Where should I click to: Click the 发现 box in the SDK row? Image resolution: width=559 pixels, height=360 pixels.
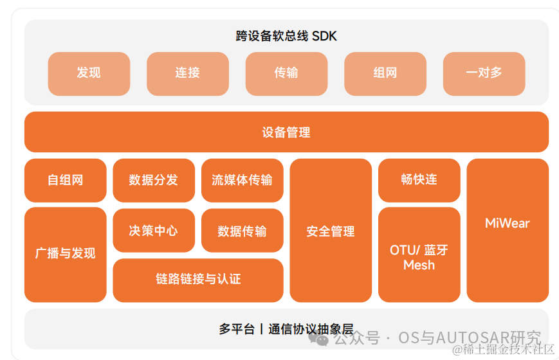click(89, 73)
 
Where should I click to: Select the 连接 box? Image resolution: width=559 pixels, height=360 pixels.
click(187, 73)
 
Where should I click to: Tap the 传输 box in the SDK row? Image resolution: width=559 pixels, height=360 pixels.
click(286, 73)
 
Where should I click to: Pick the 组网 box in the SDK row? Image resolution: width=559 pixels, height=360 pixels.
click(385, 73)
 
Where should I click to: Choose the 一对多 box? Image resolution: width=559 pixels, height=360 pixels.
click(484, 73)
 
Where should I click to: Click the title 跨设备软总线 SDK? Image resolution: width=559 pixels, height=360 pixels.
click(286, 36)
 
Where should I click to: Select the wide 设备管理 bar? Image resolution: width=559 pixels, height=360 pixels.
click(286, 132)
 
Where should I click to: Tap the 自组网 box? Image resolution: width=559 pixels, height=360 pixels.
click(66, 180)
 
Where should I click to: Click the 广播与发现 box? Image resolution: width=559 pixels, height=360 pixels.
click(66, 254)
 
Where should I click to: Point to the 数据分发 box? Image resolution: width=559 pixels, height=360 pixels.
click(153, 180)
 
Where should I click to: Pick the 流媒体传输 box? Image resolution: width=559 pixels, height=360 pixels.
click(242, 180)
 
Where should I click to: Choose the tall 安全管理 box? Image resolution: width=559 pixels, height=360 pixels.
click(331, 231)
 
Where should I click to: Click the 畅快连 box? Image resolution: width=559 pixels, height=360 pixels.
click(419, 180)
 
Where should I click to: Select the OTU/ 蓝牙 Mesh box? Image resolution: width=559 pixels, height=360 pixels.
click(419, 256)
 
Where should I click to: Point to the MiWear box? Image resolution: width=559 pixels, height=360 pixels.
click(508, 224)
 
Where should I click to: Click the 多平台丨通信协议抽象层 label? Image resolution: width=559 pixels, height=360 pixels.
click(286, 329)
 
